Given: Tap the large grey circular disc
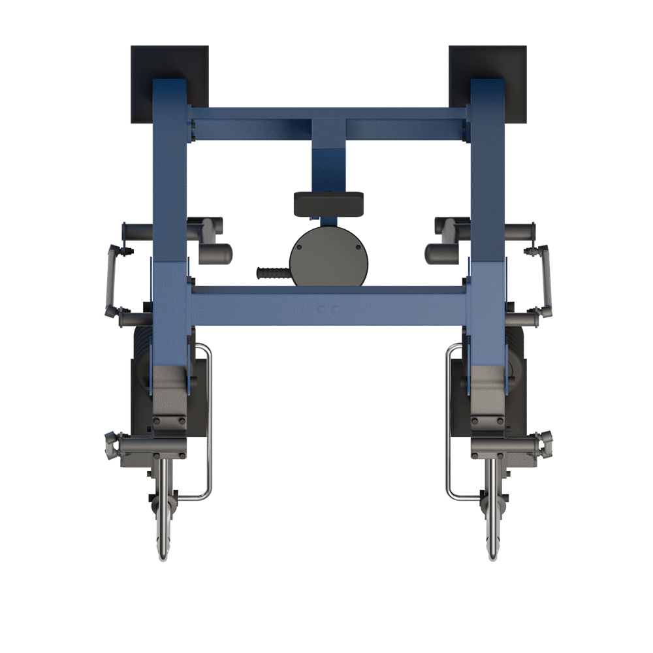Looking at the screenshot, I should pyautogui.click(x=328, y=257).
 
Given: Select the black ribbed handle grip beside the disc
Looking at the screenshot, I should pyautogui.click(x=273, y=273).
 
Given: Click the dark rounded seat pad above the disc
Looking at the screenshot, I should pyautogui.click(x=328, y=203).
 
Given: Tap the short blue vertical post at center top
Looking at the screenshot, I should pyautogui.click(x=328, y=163).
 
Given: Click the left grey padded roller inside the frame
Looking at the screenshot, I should pyautogui.click(x=215, y=253).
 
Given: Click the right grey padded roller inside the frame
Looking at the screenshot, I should pyautogui.click(x=441, y=253).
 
